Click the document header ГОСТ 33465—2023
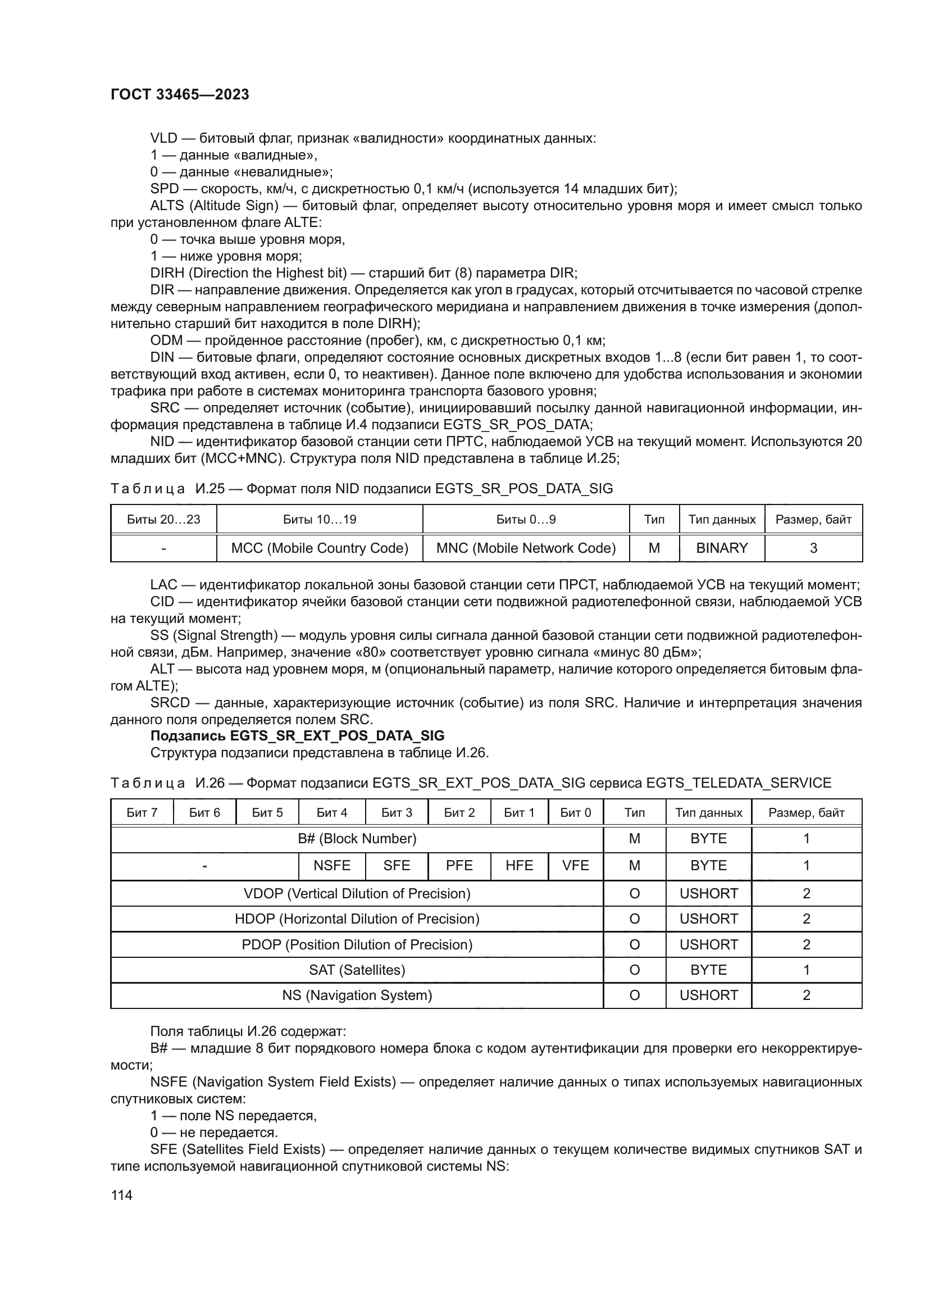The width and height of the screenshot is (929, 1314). pos(180,94)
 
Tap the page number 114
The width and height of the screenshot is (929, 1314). pos(121,1195)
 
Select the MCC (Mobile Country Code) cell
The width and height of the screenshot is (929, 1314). pos(319,548)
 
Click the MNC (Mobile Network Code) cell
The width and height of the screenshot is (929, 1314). pos(526,548)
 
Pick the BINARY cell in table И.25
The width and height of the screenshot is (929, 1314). pos(722,548)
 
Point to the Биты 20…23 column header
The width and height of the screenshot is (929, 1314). pos(163,520)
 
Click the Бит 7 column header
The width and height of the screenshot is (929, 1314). pos(142,813)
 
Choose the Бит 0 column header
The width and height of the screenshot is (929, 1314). pos(576,813)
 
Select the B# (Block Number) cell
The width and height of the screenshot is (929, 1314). pos(357,839)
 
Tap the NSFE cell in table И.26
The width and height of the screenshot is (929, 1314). pos(332,866)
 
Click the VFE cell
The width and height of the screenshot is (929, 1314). pos(576,866)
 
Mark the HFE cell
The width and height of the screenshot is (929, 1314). pos(519,866)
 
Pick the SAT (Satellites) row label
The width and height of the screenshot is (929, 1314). pos(357,970)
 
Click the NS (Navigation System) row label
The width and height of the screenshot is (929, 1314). pos(357,995)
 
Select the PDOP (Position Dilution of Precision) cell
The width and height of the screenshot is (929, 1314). pos(357,945)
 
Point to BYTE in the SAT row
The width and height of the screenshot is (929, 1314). pos(708,970)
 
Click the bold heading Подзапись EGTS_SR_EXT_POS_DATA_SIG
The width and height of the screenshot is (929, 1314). pos(297,736)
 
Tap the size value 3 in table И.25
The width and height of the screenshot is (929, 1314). pos(813,548)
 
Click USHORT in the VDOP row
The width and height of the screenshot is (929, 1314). pos(708,894)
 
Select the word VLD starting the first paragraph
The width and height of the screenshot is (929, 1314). pos(163,139)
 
